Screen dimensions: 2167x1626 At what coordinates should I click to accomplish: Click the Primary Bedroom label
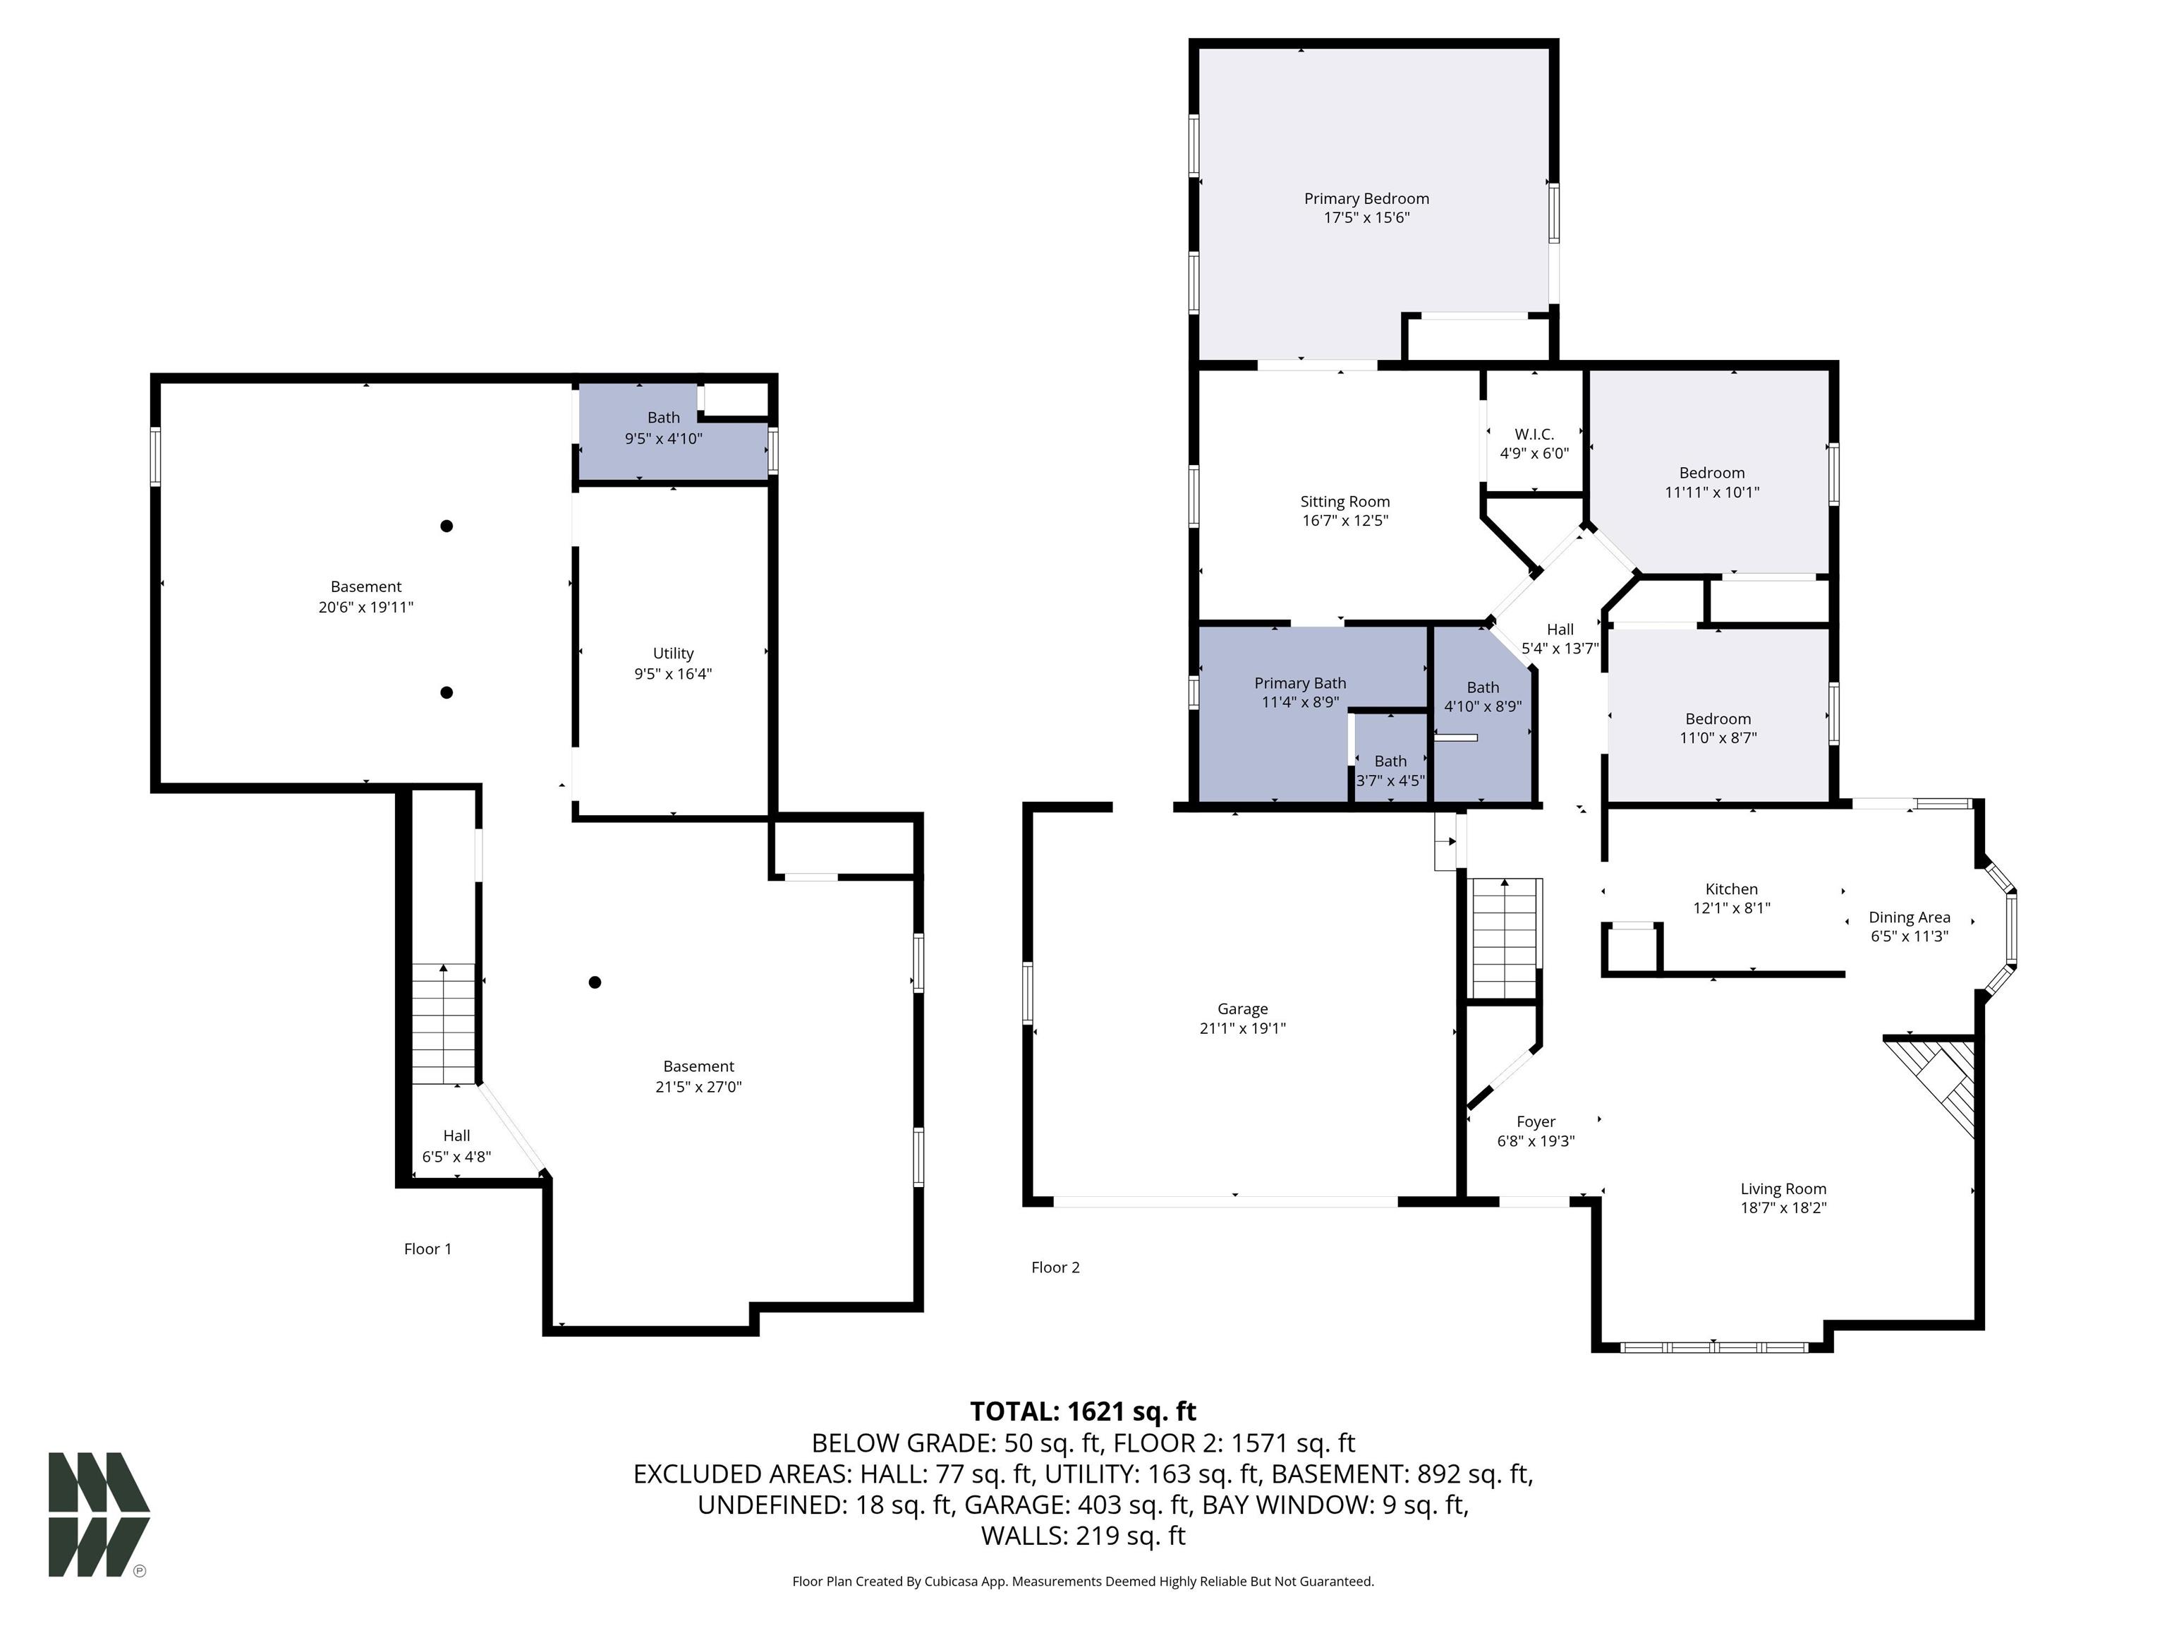tap(1366, 199)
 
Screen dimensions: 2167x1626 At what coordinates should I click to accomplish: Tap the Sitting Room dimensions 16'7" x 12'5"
tap(1345, 520)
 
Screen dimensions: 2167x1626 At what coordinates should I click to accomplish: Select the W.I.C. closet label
tap(1534, 434)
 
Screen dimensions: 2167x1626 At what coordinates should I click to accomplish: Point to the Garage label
tap(1242, 1008)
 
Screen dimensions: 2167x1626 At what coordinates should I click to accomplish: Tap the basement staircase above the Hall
tap(444, 1023)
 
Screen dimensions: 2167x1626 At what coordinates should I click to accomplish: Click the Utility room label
tap(673, 654)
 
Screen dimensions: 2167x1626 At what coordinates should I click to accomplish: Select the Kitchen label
tap(1731, 889)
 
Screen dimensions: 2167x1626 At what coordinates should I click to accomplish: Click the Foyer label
tap(1535, 1121)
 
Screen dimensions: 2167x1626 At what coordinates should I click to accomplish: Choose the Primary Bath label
tap(1300, 683)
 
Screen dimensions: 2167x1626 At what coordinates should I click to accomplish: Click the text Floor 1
tap(428, 1248)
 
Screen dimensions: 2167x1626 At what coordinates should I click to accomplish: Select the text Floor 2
tap(1055, 1267)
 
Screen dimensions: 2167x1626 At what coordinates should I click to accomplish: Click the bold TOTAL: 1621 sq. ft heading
tap(1083, 1411)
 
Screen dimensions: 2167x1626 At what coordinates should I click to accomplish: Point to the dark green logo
tap(99, 1514)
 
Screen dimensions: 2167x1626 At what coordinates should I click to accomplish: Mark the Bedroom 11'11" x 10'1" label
tap(1711, 482)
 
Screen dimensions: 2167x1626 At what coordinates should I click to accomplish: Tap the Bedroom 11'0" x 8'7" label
tap(1718, 728)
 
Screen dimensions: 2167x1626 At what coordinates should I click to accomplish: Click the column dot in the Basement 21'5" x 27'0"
tap(595, 982)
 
